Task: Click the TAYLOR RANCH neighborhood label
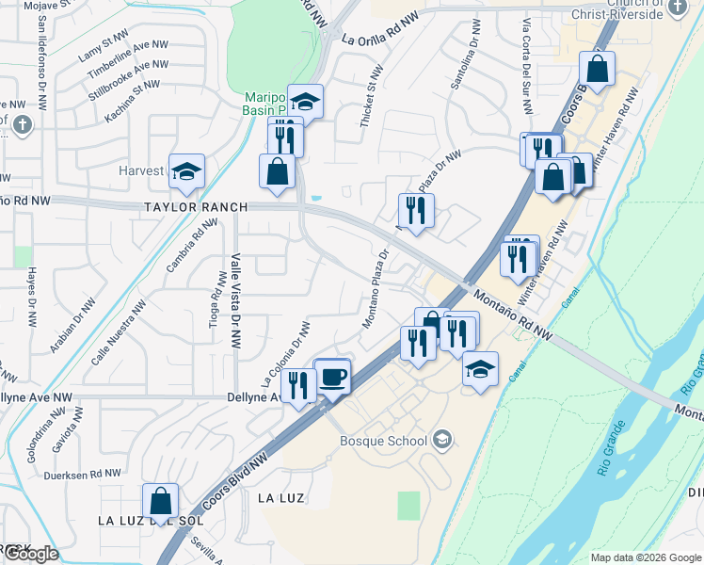point(196,207)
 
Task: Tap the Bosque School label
point(384,441)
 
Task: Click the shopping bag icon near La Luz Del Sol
point(160,502)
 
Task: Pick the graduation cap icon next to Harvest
point(186,171)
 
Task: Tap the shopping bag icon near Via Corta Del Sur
point(597,69)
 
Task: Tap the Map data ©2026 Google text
point(645,557)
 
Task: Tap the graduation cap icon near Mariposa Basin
point(305,102)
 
